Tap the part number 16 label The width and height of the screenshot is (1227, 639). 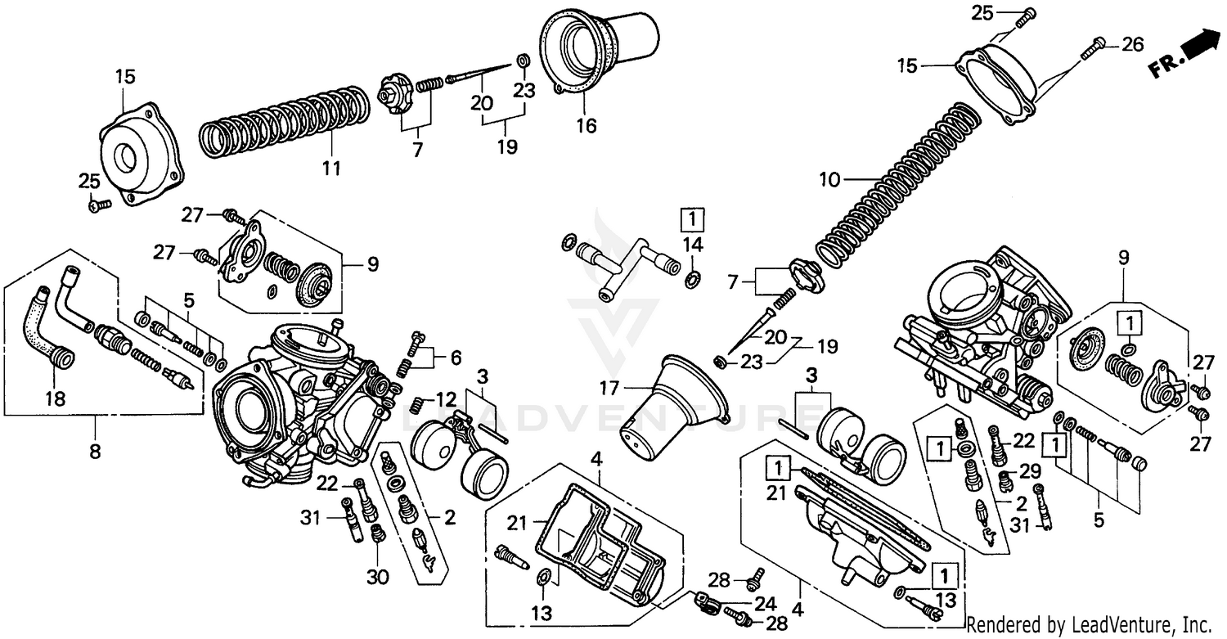586,126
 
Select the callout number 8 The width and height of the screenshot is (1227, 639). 95,451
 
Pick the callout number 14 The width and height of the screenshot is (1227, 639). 693,244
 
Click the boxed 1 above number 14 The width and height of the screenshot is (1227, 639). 692,219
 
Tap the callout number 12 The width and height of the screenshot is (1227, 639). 446,399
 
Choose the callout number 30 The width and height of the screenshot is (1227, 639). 376,577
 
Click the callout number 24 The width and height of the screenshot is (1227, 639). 765,605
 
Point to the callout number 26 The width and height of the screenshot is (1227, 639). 1132,45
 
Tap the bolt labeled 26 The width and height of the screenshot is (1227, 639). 1093,48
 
